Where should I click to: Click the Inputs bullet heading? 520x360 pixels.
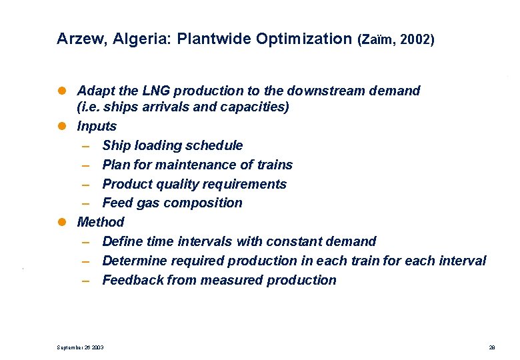(97, 126)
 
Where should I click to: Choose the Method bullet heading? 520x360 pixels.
(101, 222)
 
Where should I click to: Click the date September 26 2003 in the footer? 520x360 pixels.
(81, 347)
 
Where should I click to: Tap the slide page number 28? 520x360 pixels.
(491, 347)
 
